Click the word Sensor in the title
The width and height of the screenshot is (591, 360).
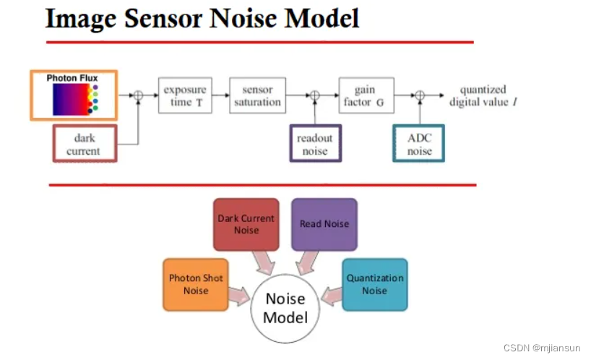tap(163, 17)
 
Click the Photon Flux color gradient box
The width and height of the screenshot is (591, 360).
tap(72, 95)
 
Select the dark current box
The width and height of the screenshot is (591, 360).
tap(85, 144)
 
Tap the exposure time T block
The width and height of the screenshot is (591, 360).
tap(185, 95)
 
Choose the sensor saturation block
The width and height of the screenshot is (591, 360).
tap(257, 95)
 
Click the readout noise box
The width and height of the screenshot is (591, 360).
tap(315, 144)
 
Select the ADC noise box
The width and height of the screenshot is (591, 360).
tap(419, 144)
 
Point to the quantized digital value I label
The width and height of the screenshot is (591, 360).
tap(483, 96)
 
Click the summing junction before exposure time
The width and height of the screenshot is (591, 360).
tap(138, 95)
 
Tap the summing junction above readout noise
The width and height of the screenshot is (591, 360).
tap(314, 95)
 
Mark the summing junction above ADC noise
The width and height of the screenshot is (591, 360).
tap(419, 95)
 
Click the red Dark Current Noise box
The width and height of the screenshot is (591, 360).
tap(246, 224)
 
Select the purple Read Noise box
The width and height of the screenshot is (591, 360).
tap(324, 224)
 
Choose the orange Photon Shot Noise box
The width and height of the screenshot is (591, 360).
tap(196, 284)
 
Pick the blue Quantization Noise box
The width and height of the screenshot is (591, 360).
tap(374, 284)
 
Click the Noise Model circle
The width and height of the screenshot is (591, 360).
tap(285, 308)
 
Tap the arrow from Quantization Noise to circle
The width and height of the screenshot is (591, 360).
tap(332, 294)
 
